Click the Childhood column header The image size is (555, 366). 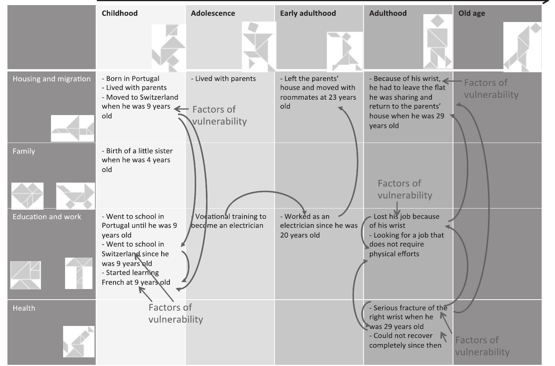pos(120,13)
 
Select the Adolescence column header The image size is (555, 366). pos(213,13)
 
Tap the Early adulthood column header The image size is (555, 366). pos(308,13)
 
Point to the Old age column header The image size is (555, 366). pos(471,13)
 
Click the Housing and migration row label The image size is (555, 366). pos(51,79)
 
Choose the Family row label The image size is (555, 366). pos(24,151)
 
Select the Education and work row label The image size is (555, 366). pos(47,217)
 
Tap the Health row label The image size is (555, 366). pos(24,308)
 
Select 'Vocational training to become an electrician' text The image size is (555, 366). pos(228,221)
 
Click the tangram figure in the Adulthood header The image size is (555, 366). pos(438,42)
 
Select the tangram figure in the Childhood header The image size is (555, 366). pos(169,48)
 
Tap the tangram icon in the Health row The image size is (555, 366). pos(79,341)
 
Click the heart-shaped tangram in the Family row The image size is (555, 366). pos(27,196)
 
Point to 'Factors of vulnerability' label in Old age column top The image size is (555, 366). pos(491,89)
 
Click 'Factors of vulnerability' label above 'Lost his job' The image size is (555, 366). pos(404,189)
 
